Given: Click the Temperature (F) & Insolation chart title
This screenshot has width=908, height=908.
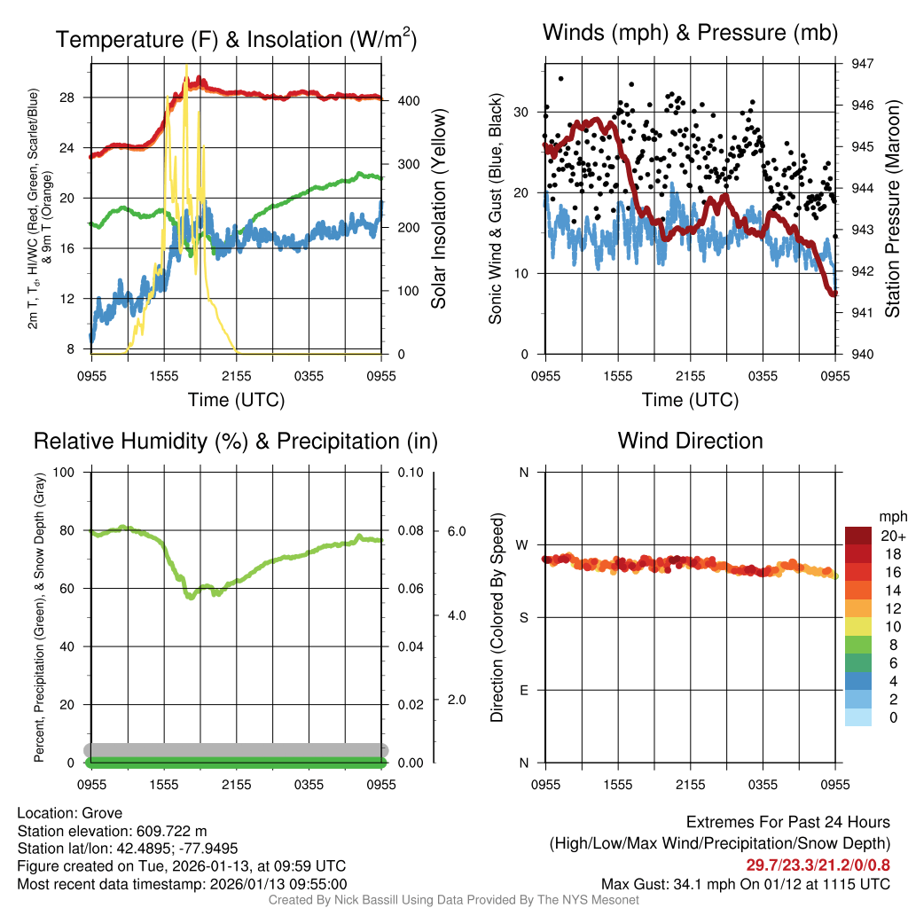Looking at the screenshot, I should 236,40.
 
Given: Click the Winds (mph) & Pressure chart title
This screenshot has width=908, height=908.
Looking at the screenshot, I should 690,34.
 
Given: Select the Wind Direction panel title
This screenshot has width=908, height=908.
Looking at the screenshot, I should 690,441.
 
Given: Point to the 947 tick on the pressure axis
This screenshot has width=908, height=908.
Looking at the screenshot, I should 863,64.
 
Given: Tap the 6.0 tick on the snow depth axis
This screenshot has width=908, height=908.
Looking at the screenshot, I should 456,531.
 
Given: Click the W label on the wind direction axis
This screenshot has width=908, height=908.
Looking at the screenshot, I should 523,544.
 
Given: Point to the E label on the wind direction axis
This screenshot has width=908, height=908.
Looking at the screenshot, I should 523,690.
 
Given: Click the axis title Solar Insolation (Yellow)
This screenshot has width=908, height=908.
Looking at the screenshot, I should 439,209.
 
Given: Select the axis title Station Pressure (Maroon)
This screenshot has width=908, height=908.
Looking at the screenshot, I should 893,209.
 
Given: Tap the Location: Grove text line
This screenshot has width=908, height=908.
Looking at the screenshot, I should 69,813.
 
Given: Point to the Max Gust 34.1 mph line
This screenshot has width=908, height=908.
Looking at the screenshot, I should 745,883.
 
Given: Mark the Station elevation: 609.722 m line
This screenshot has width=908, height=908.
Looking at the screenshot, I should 112,831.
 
